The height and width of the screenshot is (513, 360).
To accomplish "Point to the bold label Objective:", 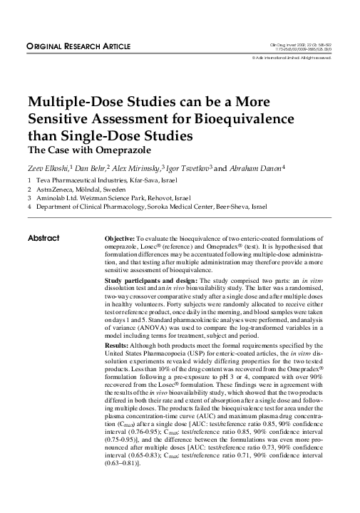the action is pos(122,237).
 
